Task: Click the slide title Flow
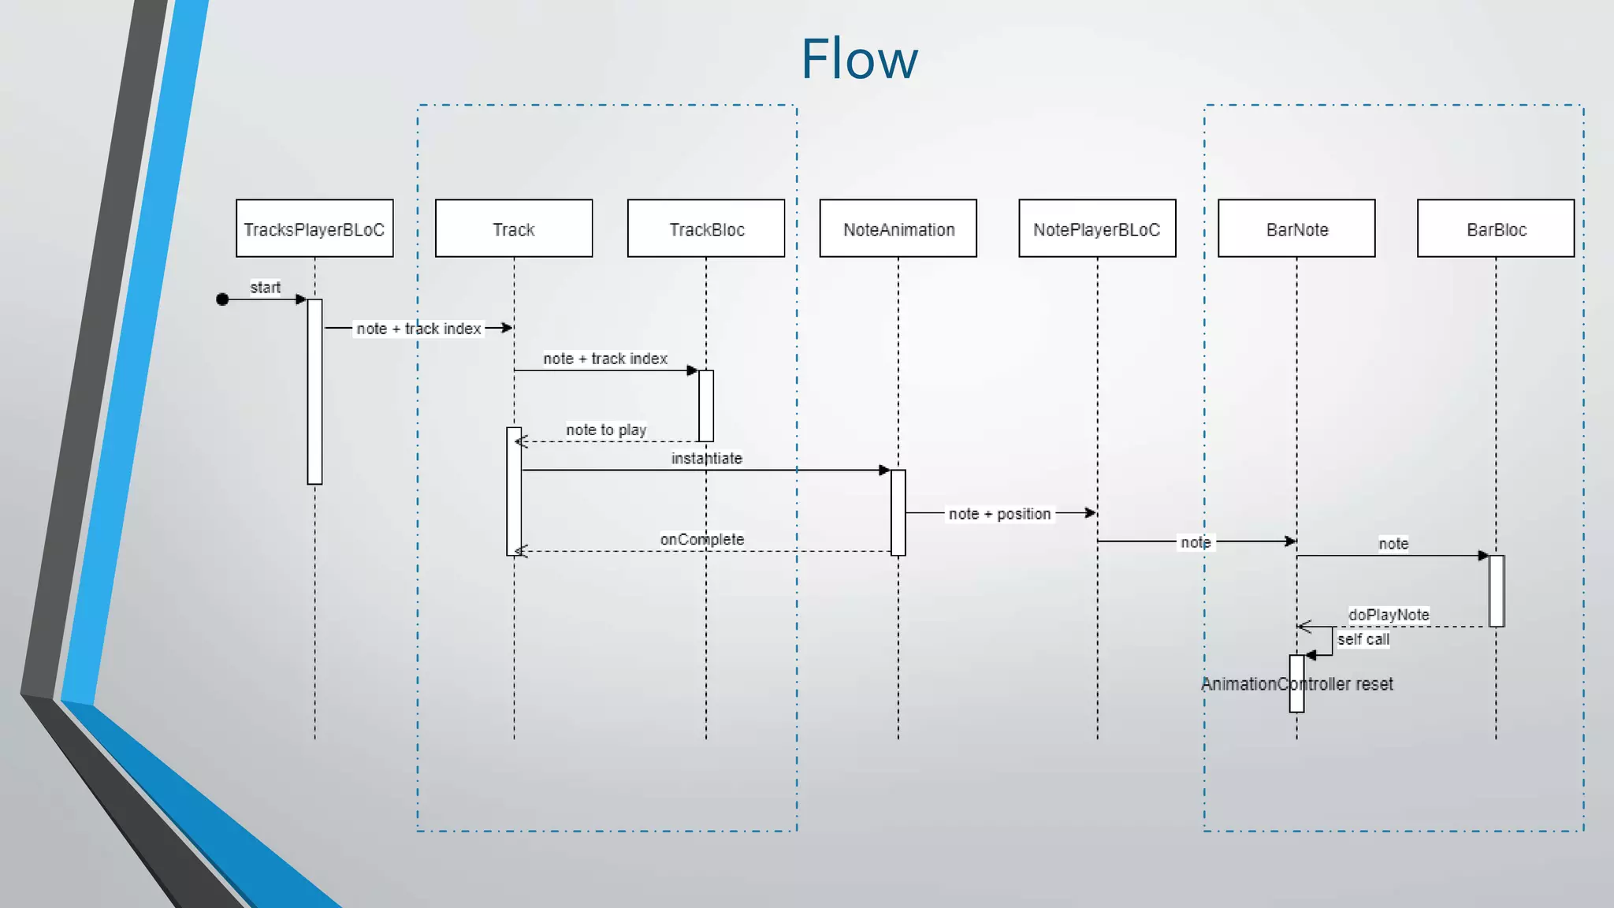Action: [859, 59]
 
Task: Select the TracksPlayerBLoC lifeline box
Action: [314, 229]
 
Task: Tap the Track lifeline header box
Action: [514, 229]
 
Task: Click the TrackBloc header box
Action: [706, 229]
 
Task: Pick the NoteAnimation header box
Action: [898, 229]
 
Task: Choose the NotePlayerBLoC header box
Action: [1097, 229]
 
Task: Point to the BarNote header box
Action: [1296, 229]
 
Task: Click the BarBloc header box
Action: [1496, 229]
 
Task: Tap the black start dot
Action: [222, 300]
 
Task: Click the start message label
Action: [266, 288]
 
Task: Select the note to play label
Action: [606, 430]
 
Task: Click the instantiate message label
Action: [707, 458]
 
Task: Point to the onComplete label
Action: [702, 539]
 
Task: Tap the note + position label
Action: [999, 514]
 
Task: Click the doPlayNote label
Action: [1389, 614]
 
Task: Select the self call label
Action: [1363, 639]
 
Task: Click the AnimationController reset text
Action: [1297, 684]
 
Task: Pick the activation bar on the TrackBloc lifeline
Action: [706, 406]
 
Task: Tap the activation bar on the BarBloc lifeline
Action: [1497, 591]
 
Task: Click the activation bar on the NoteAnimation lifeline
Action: [898, 512]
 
